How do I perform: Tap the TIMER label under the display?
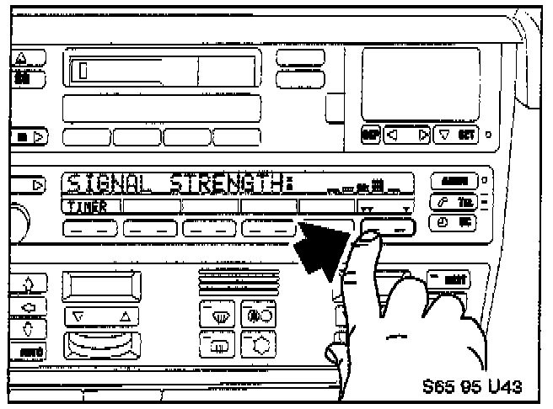click(83, 205)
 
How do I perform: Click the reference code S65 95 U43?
click(472, 386)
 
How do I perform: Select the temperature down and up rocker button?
click(103, 317)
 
